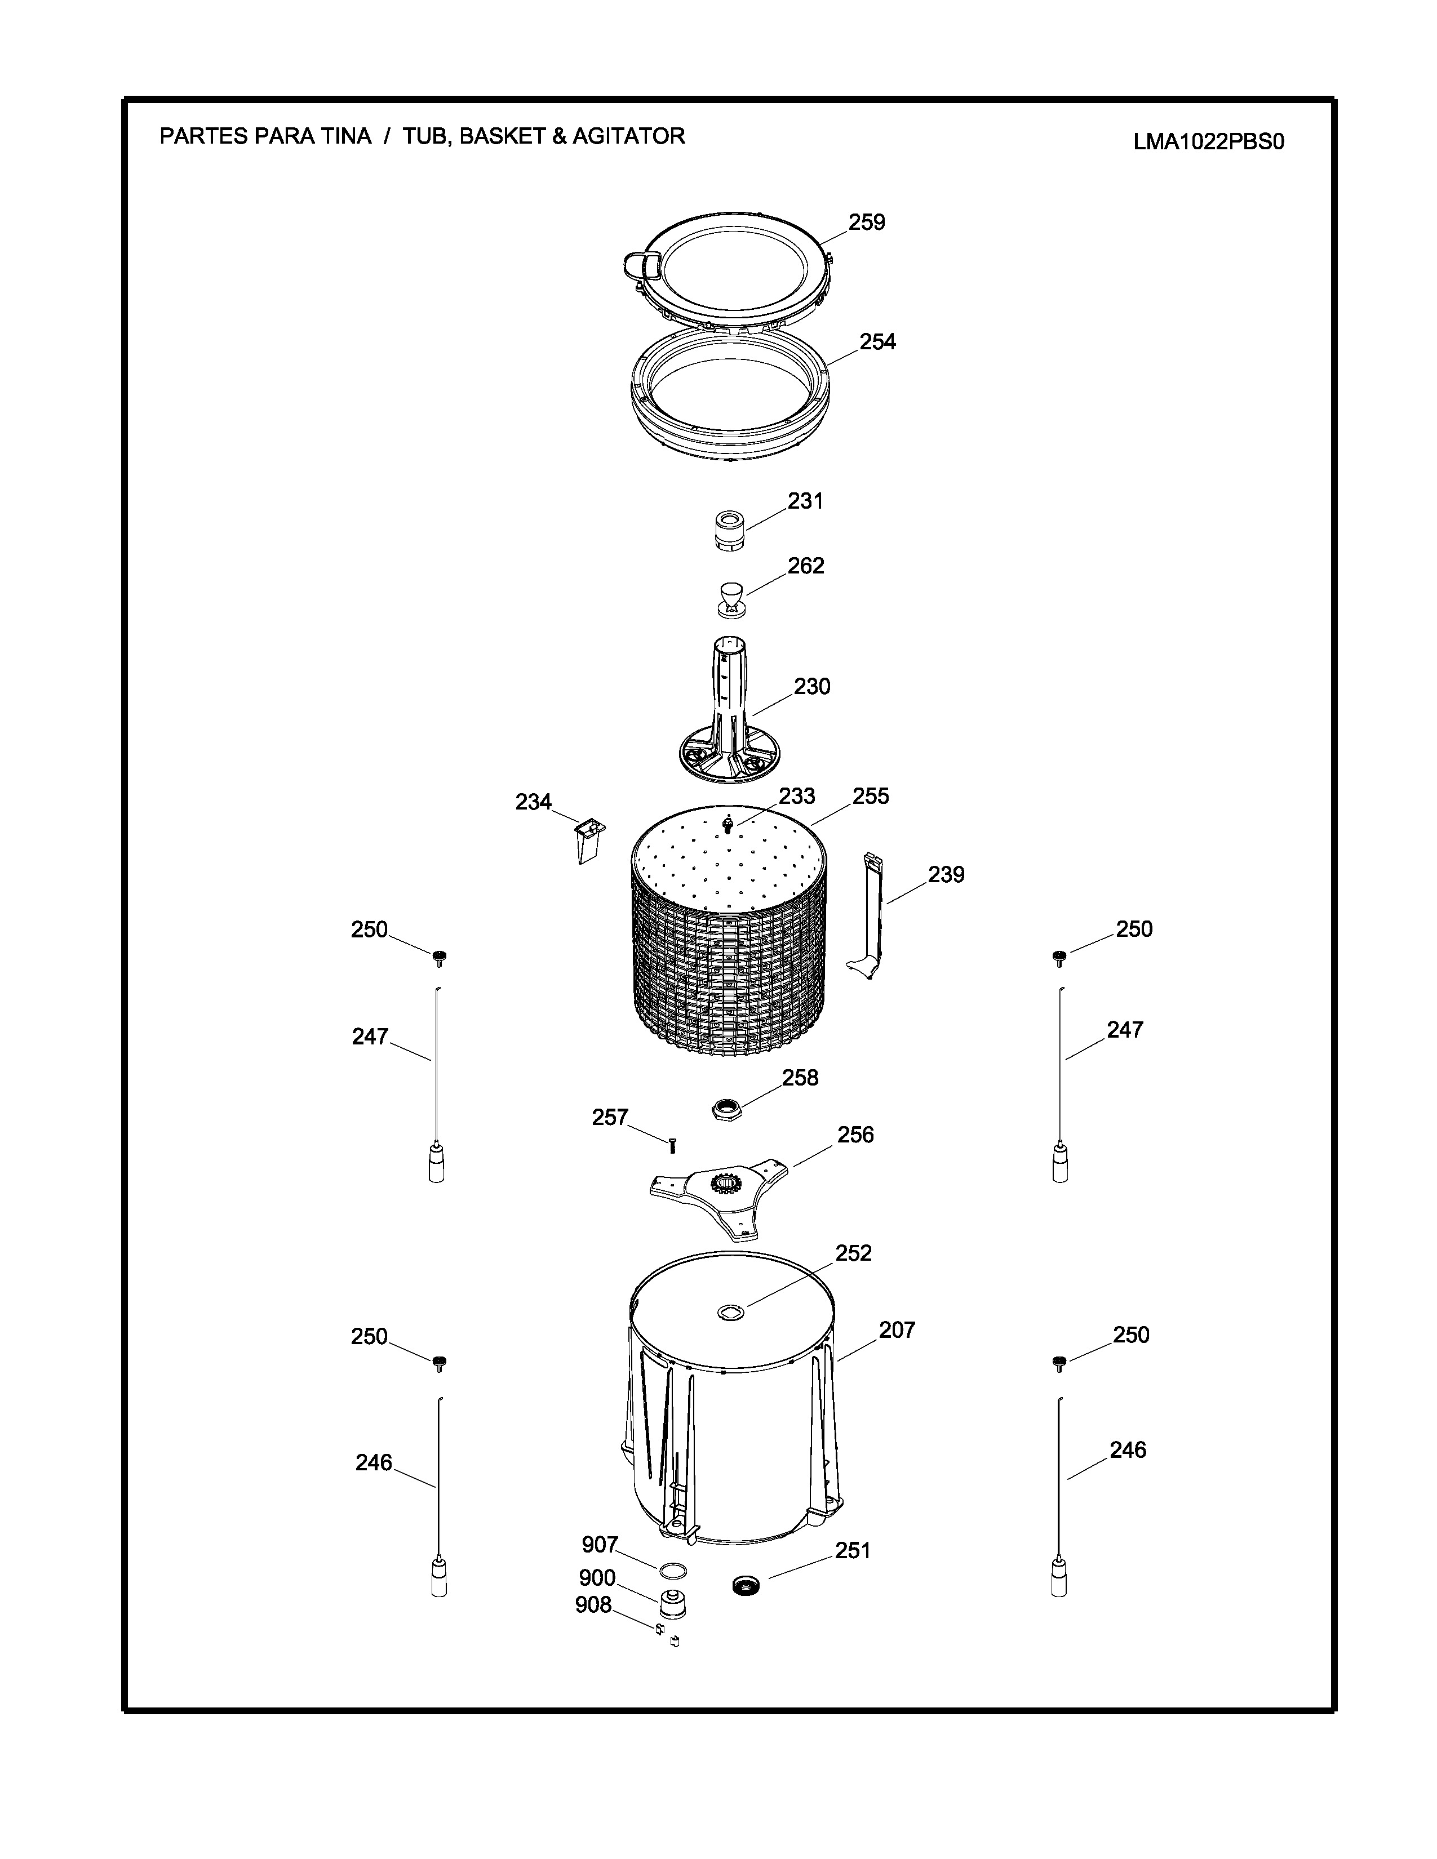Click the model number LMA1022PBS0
pos(1208,141)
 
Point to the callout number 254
pos(877,341)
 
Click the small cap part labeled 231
pos(728,531)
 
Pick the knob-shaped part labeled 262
pos(730,598)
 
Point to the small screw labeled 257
pos(672,1146)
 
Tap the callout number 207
pos(897,1329)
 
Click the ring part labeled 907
pos(672,1569)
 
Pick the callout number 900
pos(597,1577)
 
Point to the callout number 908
pos(593,1604)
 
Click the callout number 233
pos(797,796)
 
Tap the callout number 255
pos(870,796)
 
